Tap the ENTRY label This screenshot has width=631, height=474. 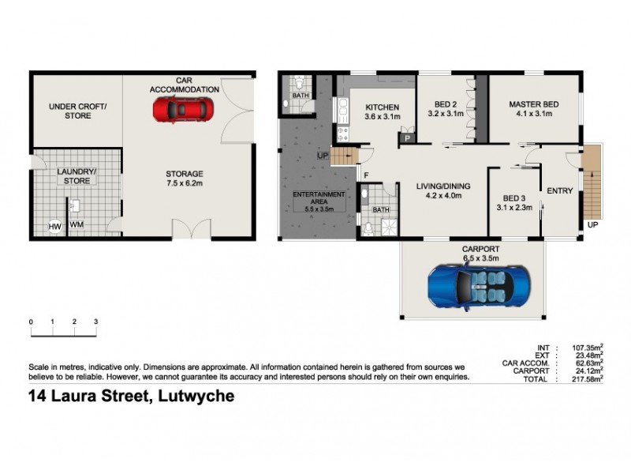pyautogui.click(x=560, y=190)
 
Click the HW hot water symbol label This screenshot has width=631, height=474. pyautogui.click(x=55, y=227)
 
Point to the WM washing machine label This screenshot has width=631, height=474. pyautogui.click(x=77, y=225)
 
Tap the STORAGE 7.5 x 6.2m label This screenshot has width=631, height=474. pyautogui.click(x=184, y=179)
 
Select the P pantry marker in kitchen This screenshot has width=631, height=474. pyautogui.click(x=407, y=138)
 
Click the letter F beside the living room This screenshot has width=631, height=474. pyautogui.click(x=366, y=174)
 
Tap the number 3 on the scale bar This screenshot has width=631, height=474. pyautogui.click(x=95, y=322)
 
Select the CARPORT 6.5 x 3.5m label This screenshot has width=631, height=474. pyautogui.click(x=480, y=253)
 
